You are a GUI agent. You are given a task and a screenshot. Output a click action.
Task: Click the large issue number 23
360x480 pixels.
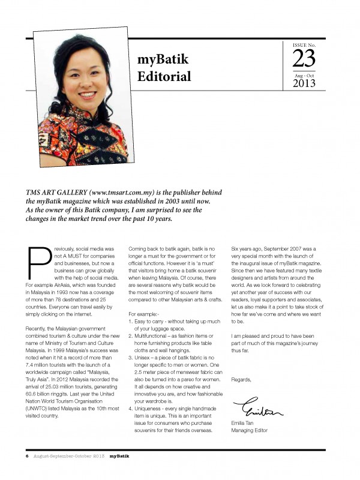tap(304, 59)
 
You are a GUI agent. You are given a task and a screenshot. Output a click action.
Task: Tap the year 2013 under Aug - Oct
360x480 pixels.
tap(304, 83)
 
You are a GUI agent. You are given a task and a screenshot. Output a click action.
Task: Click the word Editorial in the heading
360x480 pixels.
tap(164, 76)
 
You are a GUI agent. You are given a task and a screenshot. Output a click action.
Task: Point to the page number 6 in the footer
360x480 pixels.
tap(26, 456)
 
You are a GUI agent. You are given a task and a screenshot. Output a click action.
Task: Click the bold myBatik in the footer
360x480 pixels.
tap(119, 456)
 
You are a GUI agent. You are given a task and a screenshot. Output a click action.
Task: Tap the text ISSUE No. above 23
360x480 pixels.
tap(304, 45)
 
